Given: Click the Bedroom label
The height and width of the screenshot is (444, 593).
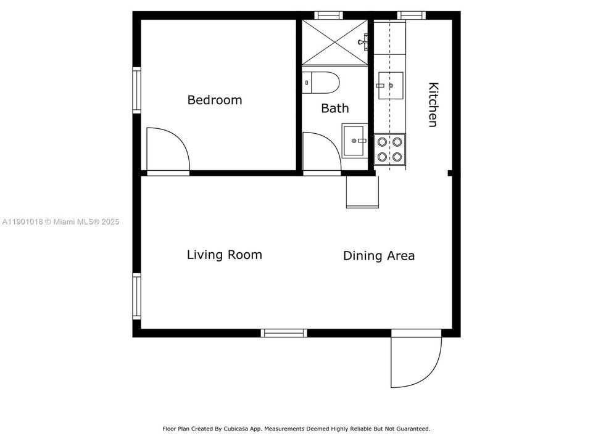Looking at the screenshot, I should [214, 100].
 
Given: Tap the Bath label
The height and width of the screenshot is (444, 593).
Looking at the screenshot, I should [334, 109].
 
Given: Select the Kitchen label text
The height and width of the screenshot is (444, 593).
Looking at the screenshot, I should [433, 105].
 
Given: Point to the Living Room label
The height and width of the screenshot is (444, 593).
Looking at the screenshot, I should [224, 255].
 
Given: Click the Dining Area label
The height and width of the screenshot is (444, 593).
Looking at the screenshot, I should [378, 256].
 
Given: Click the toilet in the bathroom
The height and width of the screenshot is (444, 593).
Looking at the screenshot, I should [321, 82].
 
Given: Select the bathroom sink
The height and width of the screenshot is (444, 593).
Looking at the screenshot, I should [354, 141].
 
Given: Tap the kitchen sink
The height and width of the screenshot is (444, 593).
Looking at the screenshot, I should [390, 84].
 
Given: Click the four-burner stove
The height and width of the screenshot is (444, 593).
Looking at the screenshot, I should [390, 149].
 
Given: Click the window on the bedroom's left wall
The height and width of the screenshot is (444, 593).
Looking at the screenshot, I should [136, 89].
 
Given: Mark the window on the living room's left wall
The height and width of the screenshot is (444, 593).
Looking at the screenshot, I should [136, 296].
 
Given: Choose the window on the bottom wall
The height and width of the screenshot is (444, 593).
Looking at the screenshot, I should [284, 333].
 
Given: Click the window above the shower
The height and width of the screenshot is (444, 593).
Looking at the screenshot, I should [328, 15].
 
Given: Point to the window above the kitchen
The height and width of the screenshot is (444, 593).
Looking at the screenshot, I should [411, 15].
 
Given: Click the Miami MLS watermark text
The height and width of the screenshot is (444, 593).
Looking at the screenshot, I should [60, 221].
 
